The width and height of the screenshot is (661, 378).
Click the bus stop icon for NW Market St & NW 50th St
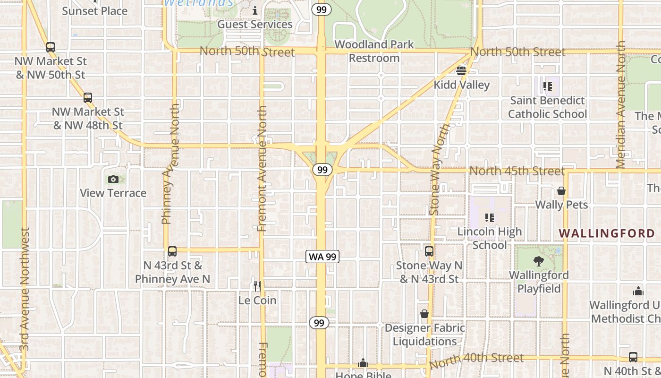51,47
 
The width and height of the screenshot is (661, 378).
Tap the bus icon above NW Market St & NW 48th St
88,98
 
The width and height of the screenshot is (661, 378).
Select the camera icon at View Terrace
113,179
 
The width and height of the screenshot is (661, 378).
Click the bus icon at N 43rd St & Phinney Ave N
172,251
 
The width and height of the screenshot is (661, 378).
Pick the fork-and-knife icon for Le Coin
257,286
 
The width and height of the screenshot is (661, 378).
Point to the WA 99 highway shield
323,257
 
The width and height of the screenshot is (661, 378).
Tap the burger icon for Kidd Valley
461,71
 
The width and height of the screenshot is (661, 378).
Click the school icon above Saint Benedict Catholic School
548,86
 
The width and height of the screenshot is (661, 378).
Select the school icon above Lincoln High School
490,218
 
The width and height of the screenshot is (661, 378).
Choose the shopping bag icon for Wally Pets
561,191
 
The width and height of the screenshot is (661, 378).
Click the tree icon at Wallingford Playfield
538,261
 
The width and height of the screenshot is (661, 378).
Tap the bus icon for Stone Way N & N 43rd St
429,251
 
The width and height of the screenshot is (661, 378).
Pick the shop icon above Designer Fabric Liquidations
424,314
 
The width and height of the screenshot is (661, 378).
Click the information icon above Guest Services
255,10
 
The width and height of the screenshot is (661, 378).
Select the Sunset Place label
95,11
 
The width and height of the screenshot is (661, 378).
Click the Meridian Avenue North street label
621,105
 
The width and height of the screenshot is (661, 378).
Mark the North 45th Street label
517,171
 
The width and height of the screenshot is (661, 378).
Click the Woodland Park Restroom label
374,51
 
